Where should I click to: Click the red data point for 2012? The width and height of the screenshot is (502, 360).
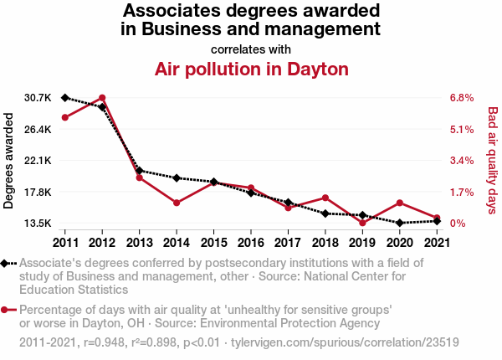coord(102,98)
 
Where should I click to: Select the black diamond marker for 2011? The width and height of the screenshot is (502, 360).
coord(65,98)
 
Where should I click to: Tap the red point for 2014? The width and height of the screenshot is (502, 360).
coord(177,203)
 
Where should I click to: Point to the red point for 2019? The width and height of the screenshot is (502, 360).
coord(362,223)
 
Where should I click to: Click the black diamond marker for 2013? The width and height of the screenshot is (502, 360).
coord(139,171)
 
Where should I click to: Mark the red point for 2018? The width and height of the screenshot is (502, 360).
coord(325,198)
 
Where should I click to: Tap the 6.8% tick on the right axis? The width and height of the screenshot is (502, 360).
coord(462,98)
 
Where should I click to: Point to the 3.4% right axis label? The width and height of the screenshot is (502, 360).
coord(462,161)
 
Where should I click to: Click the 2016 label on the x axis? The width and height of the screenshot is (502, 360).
coord(250,243)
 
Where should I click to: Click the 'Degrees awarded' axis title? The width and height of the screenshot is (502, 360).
coord(9,161)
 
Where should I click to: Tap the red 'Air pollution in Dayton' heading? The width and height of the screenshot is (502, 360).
coord(251,69)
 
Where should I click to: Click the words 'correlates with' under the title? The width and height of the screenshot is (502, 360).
coord(251,49)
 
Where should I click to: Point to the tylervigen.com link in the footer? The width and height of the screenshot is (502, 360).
coord(344,342)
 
